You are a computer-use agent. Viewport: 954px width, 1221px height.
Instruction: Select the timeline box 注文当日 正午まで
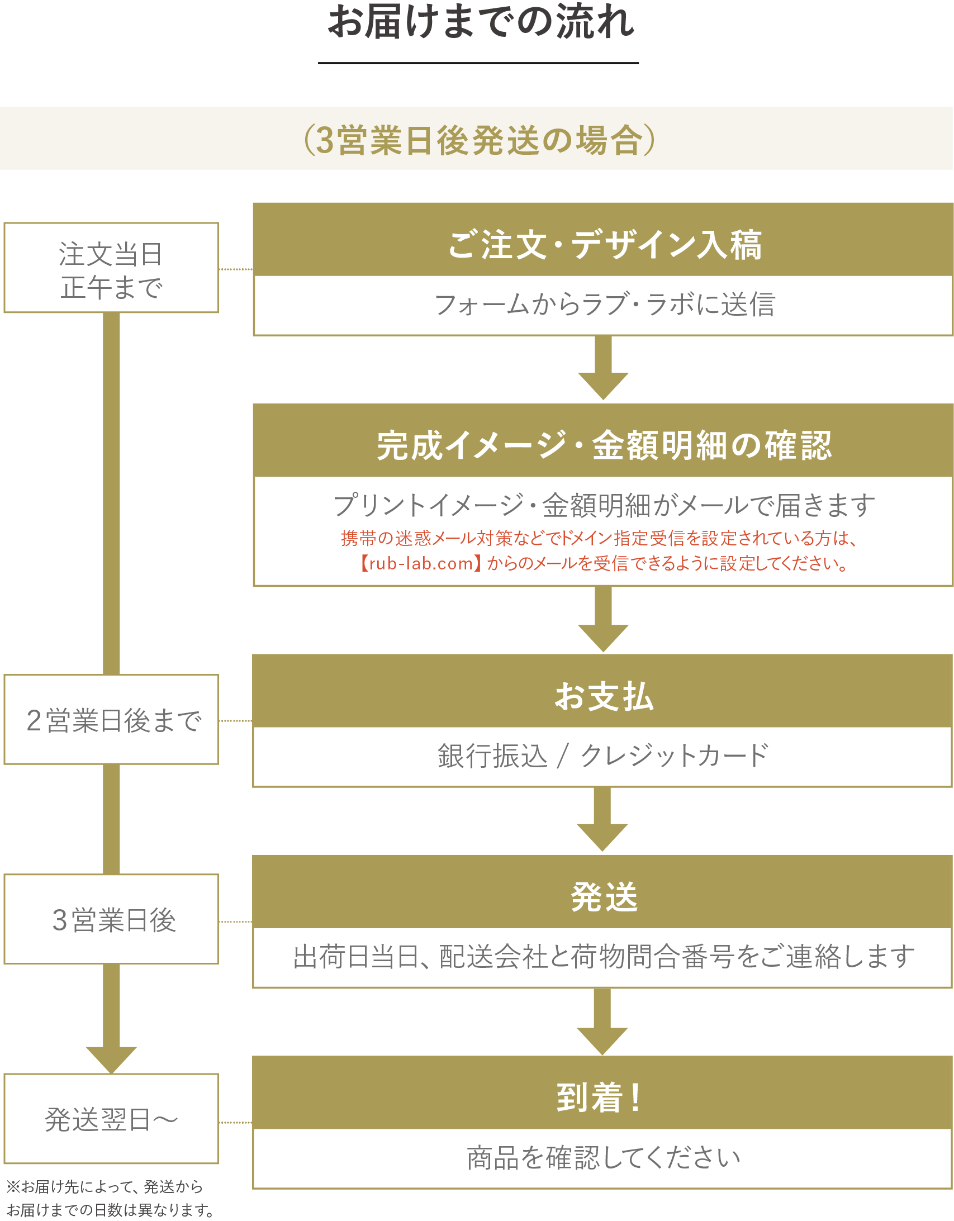click(111, 268)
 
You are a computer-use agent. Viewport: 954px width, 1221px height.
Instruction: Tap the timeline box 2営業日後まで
click(111, 720)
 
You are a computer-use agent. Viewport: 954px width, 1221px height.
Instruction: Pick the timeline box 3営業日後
click(111, 920)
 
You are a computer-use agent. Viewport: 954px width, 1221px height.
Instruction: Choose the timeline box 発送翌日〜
click(111, 1119)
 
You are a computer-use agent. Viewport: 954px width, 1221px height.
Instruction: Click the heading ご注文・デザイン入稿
click(604, 244)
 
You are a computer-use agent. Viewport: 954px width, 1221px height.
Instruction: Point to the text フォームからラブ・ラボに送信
click(604, 305)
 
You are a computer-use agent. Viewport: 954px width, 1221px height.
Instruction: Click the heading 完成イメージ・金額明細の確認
click(604, 445)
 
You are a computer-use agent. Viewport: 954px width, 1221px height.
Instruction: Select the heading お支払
click(604, 696)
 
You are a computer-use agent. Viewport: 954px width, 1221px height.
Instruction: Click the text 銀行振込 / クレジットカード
click(604, 756)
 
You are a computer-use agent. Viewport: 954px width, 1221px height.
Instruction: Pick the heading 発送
click(604, 897)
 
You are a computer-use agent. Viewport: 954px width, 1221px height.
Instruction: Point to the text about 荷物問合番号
click(604, 957)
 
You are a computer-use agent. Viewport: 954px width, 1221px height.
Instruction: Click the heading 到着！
click(599, 1098)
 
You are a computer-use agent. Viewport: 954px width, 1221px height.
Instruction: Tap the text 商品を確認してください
click(604, 1157)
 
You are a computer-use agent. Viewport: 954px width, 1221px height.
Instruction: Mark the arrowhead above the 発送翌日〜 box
click(111, 1058)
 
